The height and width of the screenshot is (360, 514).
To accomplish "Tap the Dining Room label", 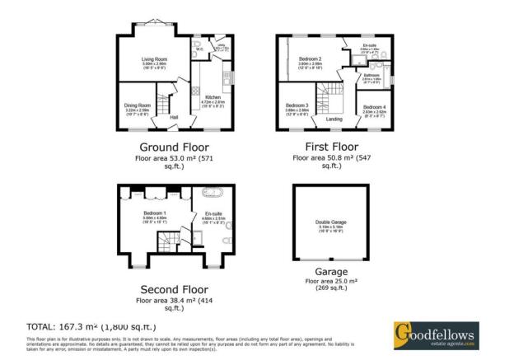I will [x=137, y=105].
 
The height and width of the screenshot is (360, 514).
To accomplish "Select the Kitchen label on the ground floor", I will [x=213, y=96].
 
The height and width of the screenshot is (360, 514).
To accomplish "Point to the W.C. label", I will [x=199, y=49].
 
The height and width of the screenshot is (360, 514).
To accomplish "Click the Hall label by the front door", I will [x=174, y=117].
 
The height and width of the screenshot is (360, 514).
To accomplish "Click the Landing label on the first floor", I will [x=334, y=119].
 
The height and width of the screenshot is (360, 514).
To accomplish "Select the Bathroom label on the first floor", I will [x=371, y=76].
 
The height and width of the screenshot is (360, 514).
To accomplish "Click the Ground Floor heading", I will [x=175, y=147].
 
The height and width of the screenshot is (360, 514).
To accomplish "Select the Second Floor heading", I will [x=175, y=290].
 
